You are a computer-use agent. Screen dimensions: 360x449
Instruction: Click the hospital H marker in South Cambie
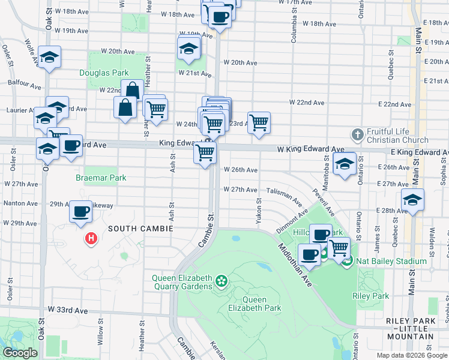91,239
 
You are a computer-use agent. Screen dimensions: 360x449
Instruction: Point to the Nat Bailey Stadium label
382,261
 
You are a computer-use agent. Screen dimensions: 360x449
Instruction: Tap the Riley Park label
371,296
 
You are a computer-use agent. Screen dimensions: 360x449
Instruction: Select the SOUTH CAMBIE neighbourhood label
140,229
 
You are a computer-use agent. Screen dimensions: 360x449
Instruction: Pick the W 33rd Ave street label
68,310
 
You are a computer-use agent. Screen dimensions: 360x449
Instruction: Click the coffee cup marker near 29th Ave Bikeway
80,211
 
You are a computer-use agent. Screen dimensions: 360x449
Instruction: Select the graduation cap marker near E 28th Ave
412,199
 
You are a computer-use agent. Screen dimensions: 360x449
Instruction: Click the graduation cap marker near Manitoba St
345,163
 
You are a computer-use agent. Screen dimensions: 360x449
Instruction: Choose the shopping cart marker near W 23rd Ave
259,122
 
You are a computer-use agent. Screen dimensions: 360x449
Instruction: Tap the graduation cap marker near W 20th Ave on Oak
49,56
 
